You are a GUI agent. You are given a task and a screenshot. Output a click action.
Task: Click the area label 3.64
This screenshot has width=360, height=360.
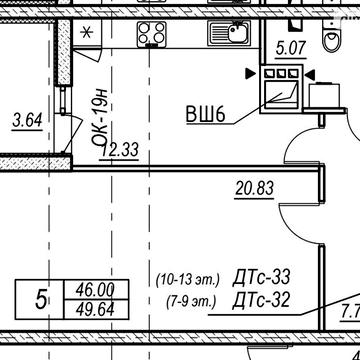[x=27, y=121]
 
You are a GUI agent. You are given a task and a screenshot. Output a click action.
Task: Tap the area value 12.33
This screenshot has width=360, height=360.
[x=119, y=150]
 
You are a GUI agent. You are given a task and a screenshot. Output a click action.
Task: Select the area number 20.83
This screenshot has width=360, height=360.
[x=254, y=189]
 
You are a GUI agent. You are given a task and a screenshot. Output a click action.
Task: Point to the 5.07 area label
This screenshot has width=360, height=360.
[x=290, y=48]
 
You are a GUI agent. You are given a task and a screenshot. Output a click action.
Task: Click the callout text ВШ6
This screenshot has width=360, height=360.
[x=206, y=115]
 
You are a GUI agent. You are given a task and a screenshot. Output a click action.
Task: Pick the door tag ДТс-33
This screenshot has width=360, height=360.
[x=261, y=278]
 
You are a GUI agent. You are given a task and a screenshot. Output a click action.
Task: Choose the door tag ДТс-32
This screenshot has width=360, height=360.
[x=261, y=300]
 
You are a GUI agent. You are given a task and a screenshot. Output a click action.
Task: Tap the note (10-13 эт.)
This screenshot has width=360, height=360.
[x=188, y=280]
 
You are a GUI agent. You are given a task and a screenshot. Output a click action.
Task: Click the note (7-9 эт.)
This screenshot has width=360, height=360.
[x=191, y=302]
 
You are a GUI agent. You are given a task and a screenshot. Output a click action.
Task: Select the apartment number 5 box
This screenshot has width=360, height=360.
[x=40, y=299]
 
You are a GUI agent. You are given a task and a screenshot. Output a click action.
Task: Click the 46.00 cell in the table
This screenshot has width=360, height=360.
[x=96, y=289]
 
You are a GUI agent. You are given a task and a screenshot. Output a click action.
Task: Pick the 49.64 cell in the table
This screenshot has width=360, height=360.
[x=96, y=309]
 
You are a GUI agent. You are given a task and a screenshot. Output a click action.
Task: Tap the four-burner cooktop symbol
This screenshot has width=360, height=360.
[x=152, y=34]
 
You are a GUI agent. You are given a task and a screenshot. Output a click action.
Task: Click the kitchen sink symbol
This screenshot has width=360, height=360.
[x=229, y=33]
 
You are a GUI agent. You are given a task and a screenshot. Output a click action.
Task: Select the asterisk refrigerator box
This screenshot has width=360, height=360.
[x=87, y=33]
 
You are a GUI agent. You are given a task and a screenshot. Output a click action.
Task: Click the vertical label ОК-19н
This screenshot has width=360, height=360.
[x=101, y=117]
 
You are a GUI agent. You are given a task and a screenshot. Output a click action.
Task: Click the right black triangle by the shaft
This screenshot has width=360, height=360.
[x=310, y=75]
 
